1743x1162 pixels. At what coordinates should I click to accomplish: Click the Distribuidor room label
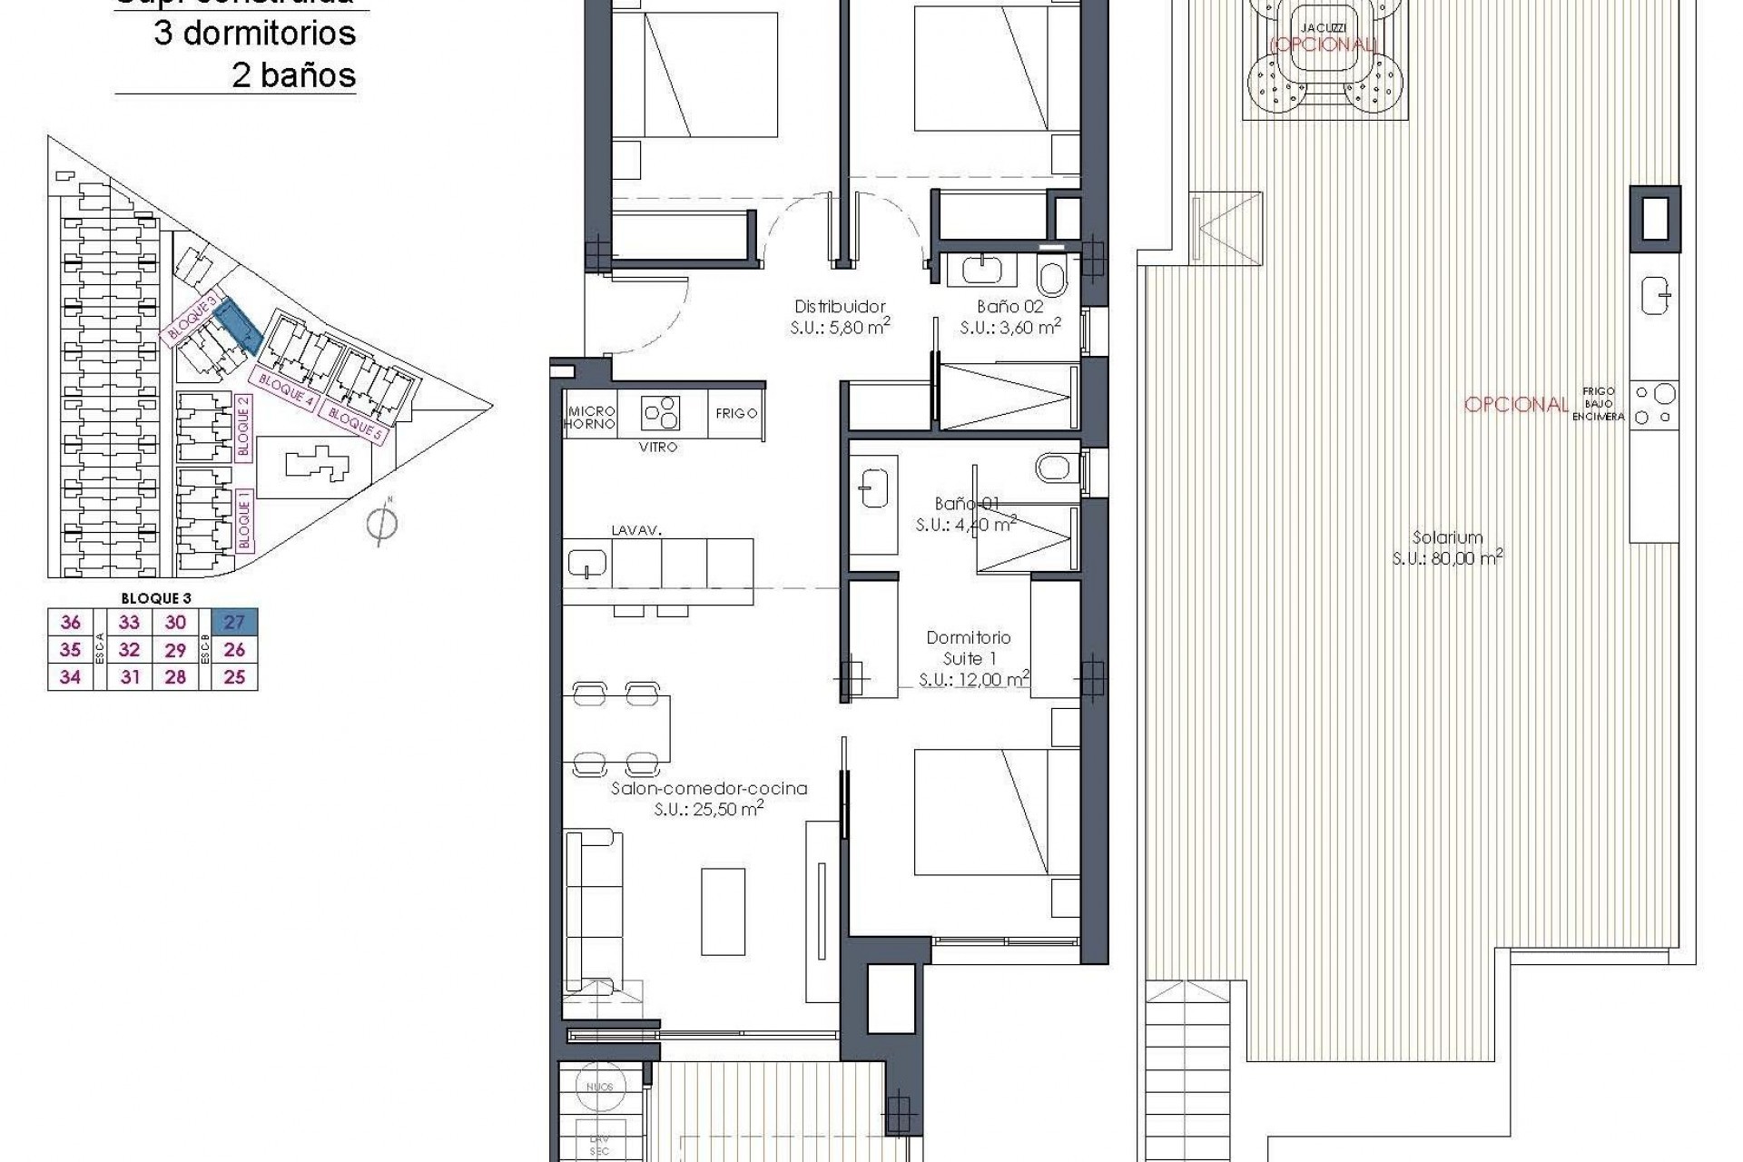coord(839,307)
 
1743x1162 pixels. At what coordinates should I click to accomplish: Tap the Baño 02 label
coord(1009,307)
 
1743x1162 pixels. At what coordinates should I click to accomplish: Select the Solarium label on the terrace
coord(1447,537)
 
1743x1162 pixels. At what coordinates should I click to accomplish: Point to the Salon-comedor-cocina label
coord(708,789)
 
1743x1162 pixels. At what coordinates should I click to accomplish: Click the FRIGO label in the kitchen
coord(736,413)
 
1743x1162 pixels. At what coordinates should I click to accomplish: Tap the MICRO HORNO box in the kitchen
coord(590,418)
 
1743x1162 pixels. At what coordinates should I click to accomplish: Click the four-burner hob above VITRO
coord(661,414)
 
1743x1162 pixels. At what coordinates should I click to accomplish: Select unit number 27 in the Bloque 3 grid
coord(234,622)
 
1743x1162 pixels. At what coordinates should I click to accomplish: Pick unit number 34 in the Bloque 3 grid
coord(70,676)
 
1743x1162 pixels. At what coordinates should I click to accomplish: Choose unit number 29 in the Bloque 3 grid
coord(175,650)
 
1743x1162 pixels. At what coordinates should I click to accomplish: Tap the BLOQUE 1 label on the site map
coord(243,519)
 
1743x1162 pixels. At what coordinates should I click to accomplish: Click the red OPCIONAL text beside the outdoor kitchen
coord(1516,405)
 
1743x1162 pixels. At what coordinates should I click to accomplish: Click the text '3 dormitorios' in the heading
coord(255,34)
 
